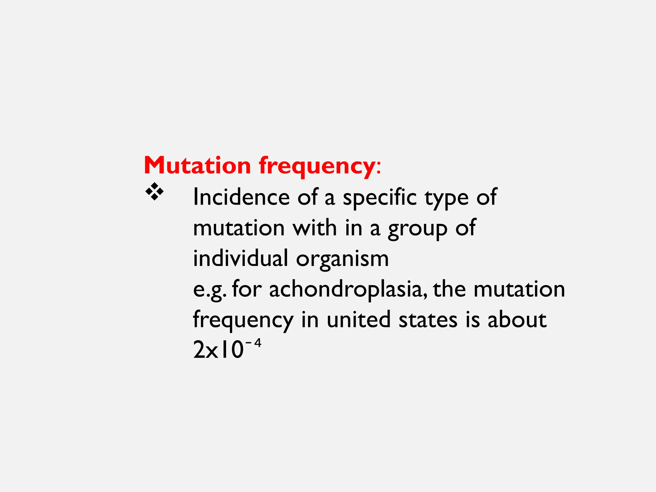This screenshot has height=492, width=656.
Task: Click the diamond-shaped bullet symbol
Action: tap(154, 192)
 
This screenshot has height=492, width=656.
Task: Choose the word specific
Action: tap(380, 197)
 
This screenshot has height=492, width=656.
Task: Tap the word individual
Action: tap(241, 258)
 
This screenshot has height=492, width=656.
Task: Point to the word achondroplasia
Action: tap(348, 289)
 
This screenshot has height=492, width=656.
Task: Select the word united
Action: tap(358, 320)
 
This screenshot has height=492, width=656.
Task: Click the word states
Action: tap(428, 320)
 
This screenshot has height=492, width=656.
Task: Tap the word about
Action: tap(517, 320)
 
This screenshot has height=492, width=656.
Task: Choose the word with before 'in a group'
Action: tap(315, 228)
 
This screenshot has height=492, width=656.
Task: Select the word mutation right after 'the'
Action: tap(519, 289)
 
